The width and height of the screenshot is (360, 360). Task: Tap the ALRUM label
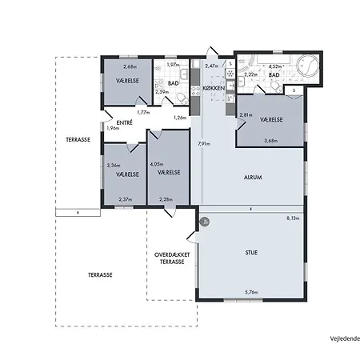click(252, 177)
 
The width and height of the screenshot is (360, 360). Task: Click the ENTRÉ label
click(113, 122)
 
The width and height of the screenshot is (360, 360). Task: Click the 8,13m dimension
click(294, 218)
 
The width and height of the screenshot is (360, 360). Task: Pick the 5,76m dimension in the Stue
click(252, 293)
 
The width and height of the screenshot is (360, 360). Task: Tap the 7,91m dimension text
click(205, 144)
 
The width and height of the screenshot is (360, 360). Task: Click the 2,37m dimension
click(126, 199)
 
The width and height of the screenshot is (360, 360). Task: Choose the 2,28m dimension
click(166, 199)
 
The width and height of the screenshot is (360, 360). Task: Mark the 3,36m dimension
click(114, 166)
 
